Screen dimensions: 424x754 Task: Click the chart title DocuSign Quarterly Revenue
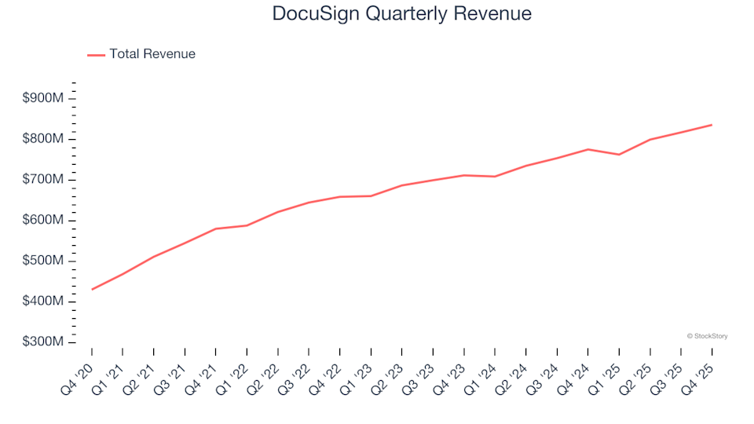[401, 13]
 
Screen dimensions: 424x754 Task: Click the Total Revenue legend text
[152, 54]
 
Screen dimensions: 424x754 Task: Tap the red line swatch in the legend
[96, 55]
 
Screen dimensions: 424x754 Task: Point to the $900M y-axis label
[42, 98]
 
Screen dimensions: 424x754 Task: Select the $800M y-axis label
[42, 139]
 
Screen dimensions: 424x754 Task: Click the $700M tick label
[42, 180]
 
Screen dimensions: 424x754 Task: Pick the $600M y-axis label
[42, 221]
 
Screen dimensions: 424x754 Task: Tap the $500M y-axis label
[42, 261]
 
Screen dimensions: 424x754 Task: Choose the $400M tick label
[42, 302]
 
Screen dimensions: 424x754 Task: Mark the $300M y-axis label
[42, 342]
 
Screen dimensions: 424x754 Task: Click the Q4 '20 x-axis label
[79, 370]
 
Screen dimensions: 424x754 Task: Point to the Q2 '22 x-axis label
[265, 370]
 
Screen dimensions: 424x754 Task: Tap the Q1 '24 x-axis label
[481, 370]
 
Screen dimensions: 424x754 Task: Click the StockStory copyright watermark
[707, 336]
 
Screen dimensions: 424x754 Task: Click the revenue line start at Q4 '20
[92, 289]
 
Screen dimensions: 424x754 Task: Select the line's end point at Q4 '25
[712, 125]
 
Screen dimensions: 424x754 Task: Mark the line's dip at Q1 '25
[619, 155]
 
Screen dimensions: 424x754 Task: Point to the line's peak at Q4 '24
[587, 149]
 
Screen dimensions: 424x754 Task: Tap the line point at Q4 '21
[216, 228]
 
